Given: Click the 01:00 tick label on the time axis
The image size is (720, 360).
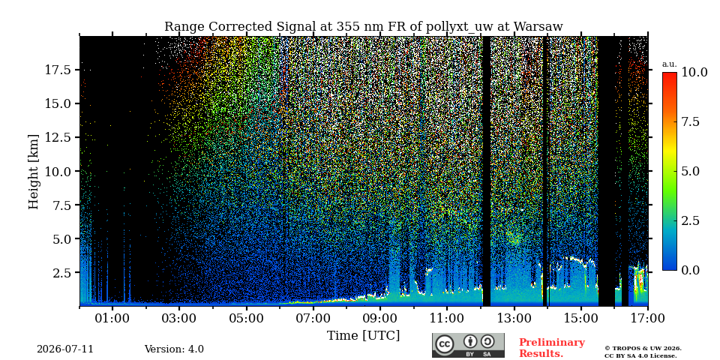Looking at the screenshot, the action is pyautogui.click(x=112, y=318).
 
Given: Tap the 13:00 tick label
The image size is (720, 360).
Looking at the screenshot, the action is pyautogui.click(x=514, y=318).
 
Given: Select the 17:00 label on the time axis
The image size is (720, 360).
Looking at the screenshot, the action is pyautogui.click(x=648, y=318).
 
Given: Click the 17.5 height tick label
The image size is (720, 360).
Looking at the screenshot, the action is pyautogui.click(x=58, y=70).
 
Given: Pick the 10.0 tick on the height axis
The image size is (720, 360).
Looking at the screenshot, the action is pyautogui.click(x=58, y=171).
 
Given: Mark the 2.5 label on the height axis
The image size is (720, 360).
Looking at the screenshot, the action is pyautogui.click(x=63, y=273).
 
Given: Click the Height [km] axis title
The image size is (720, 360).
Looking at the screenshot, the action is pyautogui.click(x=34, y=171).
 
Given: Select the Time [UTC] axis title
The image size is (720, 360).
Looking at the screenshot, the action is pyautogui.click(x=363, y=336).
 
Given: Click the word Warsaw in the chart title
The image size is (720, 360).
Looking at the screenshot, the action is pyautogui.click(x=538, y=27).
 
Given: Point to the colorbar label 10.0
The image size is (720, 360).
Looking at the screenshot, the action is pyautogui.click(x=694, y=72).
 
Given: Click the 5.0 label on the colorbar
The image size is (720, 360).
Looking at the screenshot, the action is pyautogui.click(x=690, y=171).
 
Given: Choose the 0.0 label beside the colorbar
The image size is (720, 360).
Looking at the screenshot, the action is pyautogui.click(x=690, y=270).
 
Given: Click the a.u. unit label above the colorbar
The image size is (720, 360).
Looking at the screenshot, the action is pyautogui.click(x=670, y=64).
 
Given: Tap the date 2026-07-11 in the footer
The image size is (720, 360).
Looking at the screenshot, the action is pyautogui.click(x=65, y=349).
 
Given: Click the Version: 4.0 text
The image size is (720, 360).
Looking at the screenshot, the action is pyautogui.click(x=174, y=349).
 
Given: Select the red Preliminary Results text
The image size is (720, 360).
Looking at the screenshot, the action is pyautogui.click(x=552, y=348).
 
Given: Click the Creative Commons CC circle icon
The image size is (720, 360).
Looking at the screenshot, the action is pyautogui.click(x=445, y=344).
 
